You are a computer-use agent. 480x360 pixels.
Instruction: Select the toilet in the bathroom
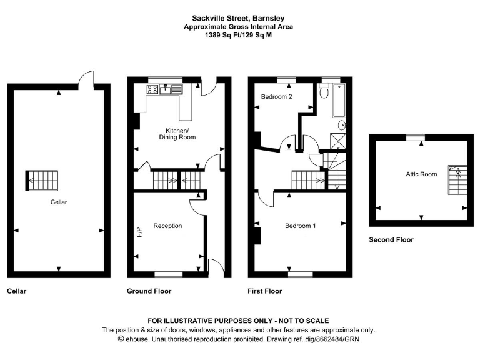pos(323,92)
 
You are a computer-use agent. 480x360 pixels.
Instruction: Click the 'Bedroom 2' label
pos(277,97)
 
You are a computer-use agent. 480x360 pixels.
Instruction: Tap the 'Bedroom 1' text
pos(300,226)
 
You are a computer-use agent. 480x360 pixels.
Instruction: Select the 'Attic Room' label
pos(421,174)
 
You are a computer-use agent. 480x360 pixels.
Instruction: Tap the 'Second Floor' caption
pos(391,239)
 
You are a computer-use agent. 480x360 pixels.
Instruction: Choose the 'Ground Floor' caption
pos(149,291)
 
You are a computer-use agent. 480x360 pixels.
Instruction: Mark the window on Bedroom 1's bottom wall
pos(300,274)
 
